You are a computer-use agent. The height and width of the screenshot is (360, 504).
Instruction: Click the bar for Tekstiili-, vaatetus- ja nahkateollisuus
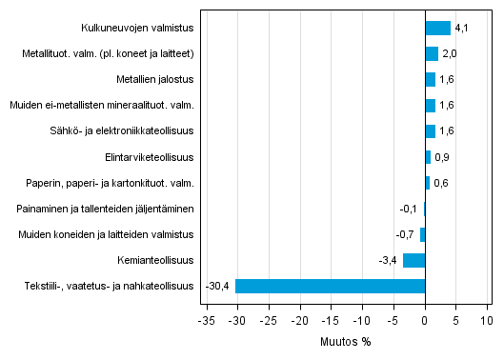click(x=330, y=286)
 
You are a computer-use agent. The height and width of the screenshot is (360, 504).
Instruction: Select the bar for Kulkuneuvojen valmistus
click(x=437, y=28)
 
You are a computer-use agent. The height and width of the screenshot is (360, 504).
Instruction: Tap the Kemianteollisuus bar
click(x=413, y=260)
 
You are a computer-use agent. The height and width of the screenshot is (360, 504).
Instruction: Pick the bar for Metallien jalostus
click(x=430, y=79)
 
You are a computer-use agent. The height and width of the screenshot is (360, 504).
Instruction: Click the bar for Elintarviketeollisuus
click(x=428, y=157)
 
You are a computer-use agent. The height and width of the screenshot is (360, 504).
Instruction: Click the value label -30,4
click(x=218, y=286)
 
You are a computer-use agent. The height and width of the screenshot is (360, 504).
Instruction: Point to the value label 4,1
click(x=462, y=28)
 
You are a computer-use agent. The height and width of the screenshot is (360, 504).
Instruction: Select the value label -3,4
click(x=388, y=260)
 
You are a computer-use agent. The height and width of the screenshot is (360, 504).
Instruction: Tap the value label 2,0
click(x=450, y=54)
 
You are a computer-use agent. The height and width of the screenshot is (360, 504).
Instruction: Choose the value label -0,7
click(x=406, y=234)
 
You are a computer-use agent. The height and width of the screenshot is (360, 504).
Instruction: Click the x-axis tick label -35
click(x=205, y=321)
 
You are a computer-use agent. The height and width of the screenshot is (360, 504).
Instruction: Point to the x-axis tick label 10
click(x=487, y=321)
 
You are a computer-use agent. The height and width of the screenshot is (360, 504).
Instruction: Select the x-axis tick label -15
click(x=331, y=321)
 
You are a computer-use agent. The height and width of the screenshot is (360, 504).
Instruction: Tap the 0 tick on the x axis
click(x=425, y=321)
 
